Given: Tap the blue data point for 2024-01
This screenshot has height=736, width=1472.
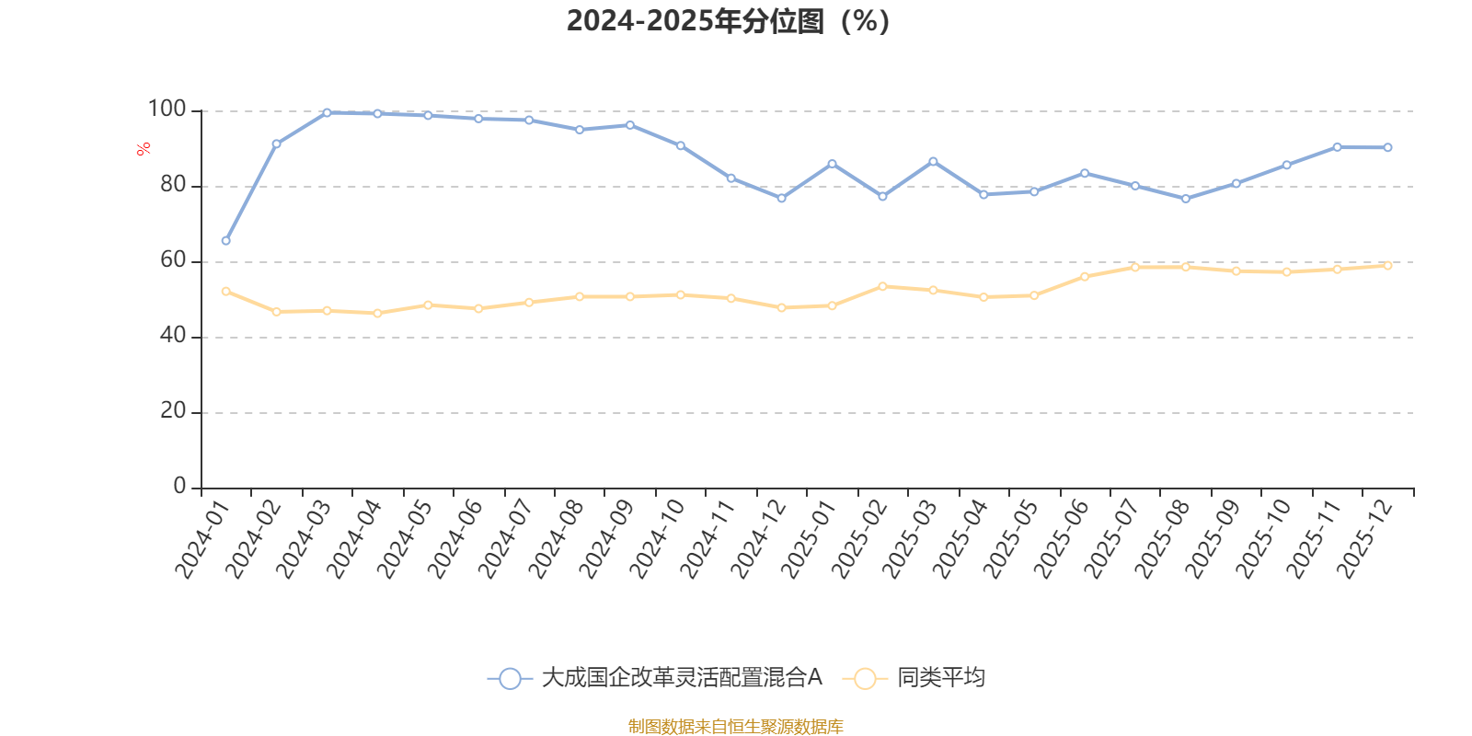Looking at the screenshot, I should click(226, 241).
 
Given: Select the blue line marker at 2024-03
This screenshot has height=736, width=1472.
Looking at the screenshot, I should click(327, 113).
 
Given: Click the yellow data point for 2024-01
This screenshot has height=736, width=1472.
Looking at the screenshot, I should click(226, 292).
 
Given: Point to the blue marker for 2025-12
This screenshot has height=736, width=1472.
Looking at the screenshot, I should click(1387, 147).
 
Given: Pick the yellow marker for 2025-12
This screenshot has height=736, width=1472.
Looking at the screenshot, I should click(1387, 266).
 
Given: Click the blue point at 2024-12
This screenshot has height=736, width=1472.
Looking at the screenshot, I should click(781, 199).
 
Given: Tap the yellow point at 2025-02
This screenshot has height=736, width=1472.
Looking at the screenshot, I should click(882, 286).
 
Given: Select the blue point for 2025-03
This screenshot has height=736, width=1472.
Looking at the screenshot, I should click(933, 161).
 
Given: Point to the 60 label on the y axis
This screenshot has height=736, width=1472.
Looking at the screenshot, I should click(172, 260).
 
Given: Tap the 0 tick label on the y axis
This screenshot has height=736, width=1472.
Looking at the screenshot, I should click(179, 487).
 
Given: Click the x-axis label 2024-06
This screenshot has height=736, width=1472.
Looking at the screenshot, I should click(455, 540).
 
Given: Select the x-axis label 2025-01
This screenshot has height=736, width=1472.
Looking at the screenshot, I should click(809, 540).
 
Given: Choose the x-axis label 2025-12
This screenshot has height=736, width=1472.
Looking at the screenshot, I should click(1364, 540).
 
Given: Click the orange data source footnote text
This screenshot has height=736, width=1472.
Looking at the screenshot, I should click(735, 727).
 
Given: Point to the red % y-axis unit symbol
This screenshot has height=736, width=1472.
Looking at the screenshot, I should click(143, 149).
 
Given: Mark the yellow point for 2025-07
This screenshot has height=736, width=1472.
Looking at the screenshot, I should click(1134, 268).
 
